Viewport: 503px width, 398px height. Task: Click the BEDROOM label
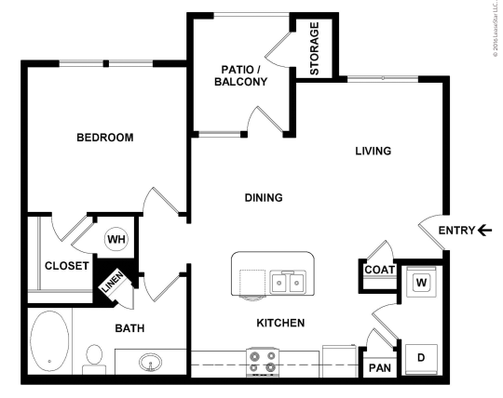(104, 138)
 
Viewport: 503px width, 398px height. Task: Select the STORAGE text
(315, 47)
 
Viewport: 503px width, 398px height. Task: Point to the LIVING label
(373, 151)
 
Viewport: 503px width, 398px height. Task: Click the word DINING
(264, 197)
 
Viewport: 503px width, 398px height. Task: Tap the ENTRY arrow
(484, 230)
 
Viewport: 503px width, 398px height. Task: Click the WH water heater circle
(116, 239)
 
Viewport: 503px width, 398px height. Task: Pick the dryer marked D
(421, 357)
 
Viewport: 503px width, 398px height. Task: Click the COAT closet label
(380, 271)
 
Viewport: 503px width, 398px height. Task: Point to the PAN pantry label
(379, 368)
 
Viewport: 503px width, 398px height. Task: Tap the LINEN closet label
(111, 285)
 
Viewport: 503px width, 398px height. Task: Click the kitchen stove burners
(262, 360)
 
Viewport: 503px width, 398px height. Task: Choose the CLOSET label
(66, 266)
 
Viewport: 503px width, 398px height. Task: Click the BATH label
(129, 328)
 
